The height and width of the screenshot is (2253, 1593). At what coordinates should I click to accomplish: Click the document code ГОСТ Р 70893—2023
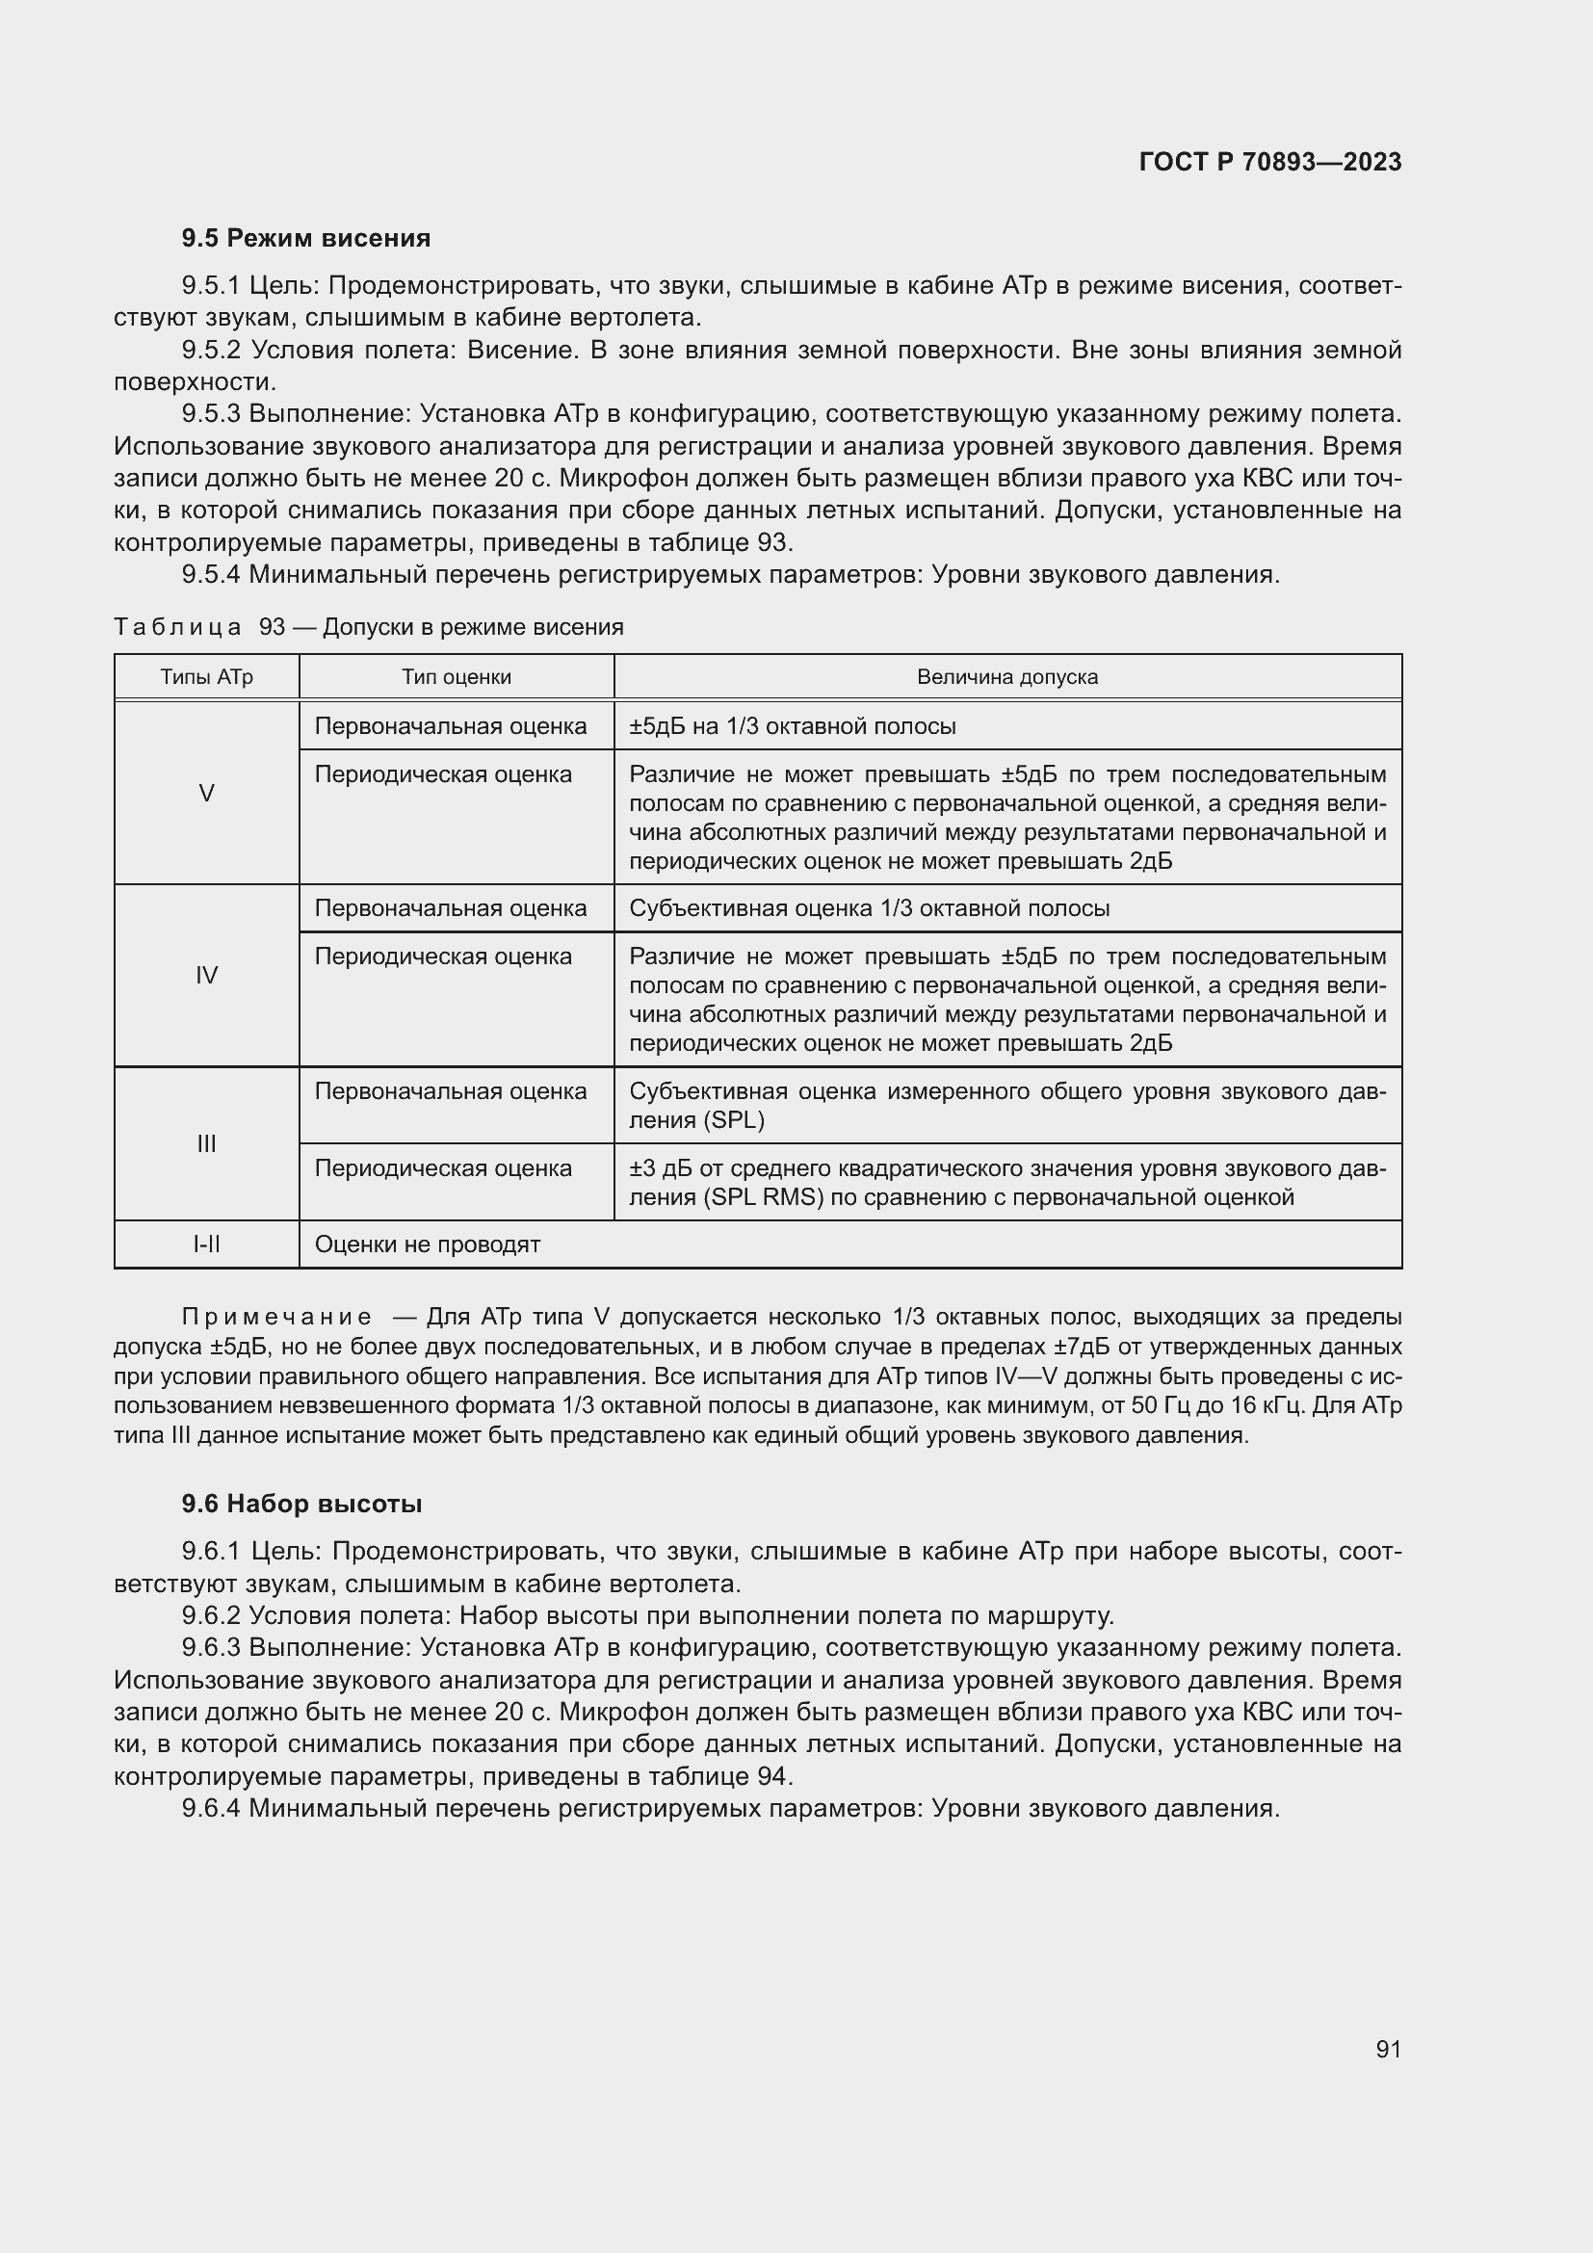click(1269, 162)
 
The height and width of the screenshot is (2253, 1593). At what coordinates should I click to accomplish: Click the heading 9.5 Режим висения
click(305, 239)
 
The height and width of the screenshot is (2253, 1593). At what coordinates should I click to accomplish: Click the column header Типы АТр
click(206, 677)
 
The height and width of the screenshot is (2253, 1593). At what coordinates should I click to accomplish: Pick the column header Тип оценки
click(457, 677)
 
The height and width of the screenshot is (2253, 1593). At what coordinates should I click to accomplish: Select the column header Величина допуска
click(1006, 677)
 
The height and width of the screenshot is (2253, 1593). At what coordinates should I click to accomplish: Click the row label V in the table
click(206, 793)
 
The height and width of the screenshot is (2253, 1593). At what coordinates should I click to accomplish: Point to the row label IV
click(206, 975)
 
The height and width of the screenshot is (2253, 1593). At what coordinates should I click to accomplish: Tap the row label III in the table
click(206, 1143)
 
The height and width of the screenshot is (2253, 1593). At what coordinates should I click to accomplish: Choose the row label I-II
click(206, 1244)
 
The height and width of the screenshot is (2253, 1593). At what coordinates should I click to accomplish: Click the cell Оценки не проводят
click(428, 1244)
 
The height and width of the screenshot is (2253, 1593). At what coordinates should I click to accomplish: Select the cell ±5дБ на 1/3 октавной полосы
click(792, 726)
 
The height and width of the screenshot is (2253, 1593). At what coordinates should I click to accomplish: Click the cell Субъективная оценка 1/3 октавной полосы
click(869, 907)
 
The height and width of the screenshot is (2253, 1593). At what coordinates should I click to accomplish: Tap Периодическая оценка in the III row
click(442, 1167)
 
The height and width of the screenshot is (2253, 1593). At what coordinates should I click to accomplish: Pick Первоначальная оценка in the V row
click(450, 726)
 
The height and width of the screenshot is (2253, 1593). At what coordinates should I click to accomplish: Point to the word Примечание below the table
click(276, 1317)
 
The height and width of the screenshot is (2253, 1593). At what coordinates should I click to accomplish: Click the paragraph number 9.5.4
click(211, 574)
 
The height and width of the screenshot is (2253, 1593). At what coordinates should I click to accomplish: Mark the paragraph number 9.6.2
click(212, 1615)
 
